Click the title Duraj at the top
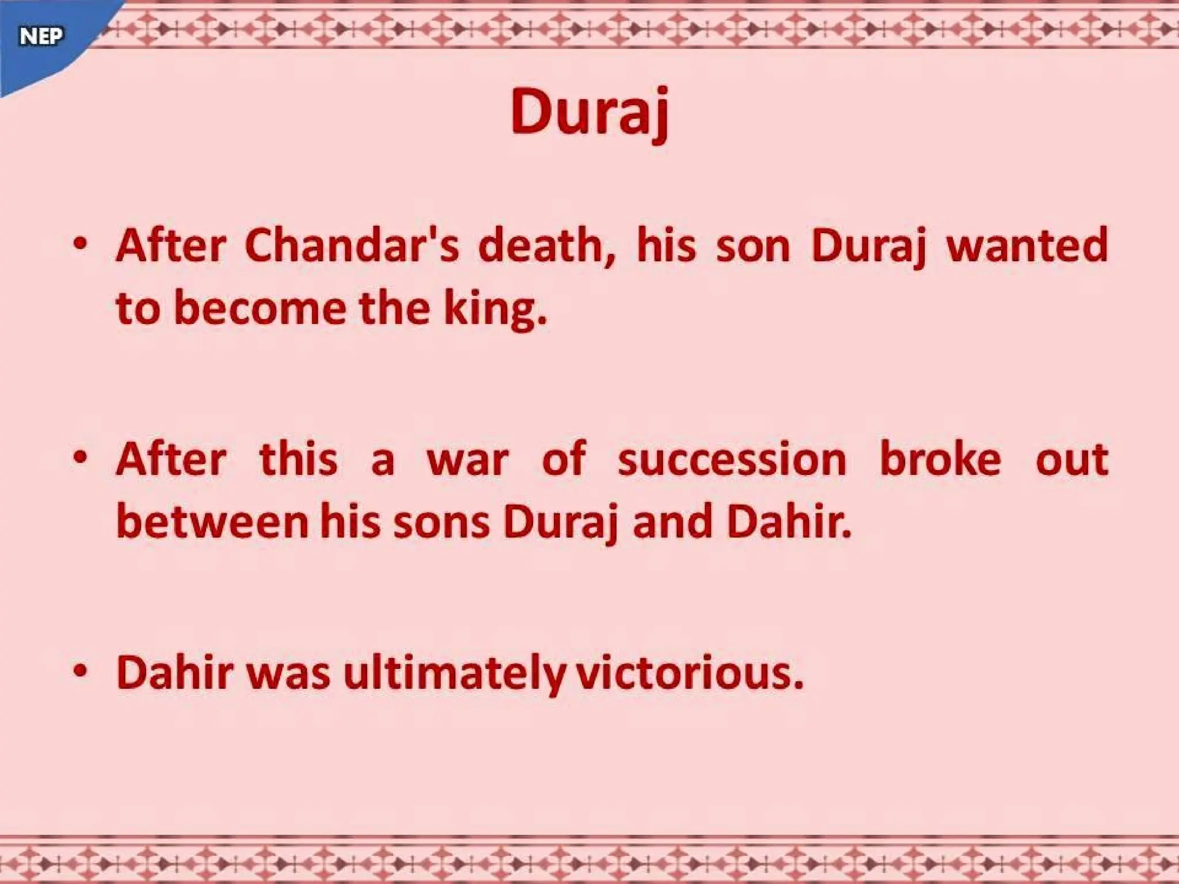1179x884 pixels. (x=589, y=113)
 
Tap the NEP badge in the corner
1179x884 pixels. (x=41, y=37)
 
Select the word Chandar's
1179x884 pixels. (x=352, y=246)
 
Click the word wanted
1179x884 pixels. (x=1027, y=246)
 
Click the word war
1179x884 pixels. (x=467, y=460)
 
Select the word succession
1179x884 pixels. (x=732, y=460)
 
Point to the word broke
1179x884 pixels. (x=940, y=460)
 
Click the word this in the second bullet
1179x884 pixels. (x=298, y=460)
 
